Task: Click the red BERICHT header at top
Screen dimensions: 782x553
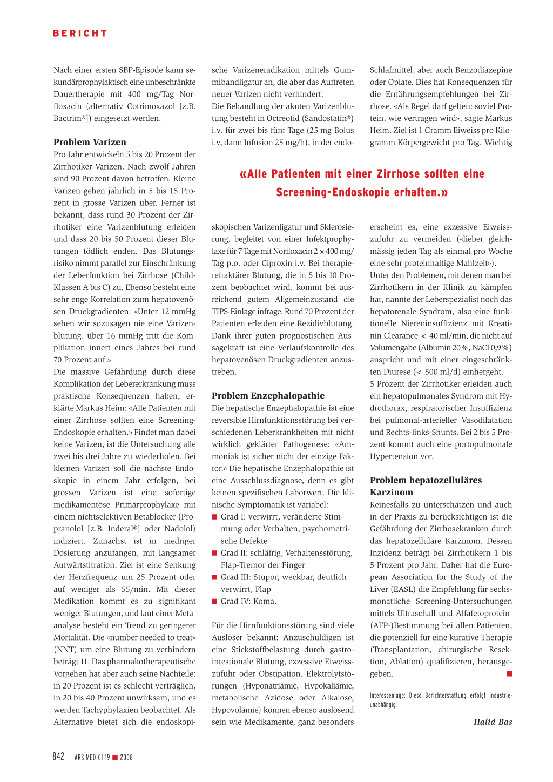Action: click(80, 33)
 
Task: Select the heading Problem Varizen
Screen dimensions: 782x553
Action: click(90, 142)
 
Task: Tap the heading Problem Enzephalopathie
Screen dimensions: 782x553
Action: click(268, 395)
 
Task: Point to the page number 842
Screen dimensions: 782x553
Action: click(58, 757)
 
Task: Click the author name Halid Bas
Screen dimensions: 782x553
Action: click(493, 722)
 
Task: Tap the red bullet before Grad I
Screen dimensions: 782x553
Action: click(214, 517)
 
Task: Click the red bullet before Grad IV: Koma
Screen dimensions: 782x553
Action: click(214, 601)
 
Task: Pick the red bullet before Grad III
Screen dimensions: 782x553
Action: click(214, 577)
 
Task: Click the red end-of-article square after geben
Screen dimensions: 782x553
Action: click(509, 673)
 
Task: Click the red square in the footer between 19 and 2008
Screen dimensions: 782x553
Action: click(115, 758)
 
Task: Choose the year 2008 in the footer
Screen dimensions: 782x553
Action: click(126, 758)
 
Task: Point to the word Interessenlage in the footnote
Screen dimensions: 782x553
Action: click(386, 696)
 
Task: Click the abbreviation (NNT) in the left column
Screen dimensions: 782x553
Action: click(66, 650)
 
